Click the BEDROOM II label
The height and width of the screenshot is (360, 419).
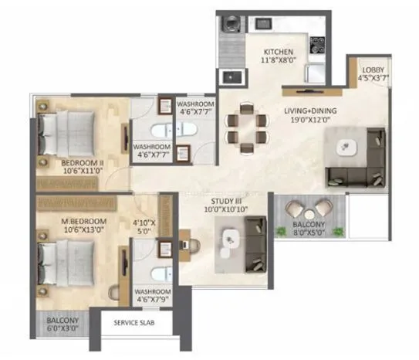pos(83,163)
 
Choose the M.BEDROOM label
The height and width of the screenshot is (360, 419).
pos(83,222)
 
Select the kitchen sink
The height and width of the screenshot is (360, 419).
pos(230,76)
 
